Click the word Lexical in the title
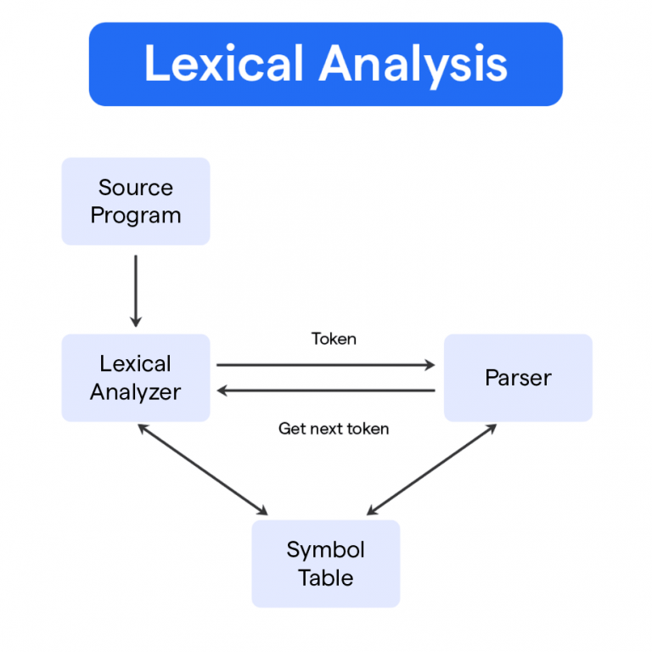point(223,65)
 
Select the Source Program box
point(136,201)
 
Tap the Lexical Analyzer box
point(136,378)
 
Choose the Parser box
point(518,378)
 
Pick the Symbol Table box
point(325,564)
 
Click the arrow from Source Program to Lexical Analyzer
point(136,289)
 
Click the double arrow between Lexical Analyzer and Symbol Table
point(202,469)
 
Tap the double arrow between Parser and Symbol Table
point(431,469)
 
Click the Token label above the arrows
point(334,339)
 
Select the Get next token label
point(334,429)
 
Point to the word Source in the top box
point(136,188)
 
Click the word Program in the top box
point(136,216)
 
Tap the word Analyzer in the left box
point(136,392)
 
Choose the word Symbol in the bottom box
point(325,549)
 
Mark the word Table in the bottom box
point(325,578)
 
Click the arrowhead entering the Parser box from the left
point(430,365)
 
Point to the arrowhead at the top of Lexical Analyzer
point(136,322)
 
